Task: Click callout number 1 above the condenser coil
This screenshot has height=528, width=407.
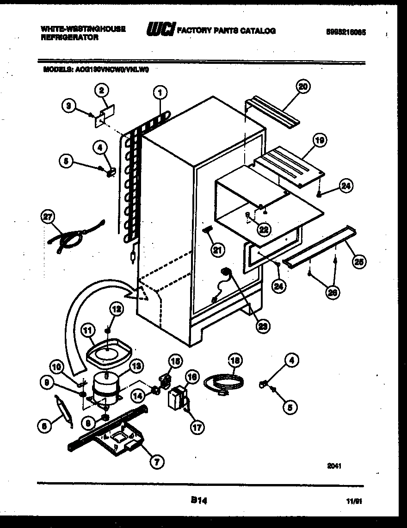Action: point(160,93)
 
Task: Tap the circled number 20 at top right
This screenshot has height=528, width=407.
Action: point(303,87)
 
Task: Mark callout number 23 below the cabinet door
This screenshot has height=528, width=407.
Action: point(263,326)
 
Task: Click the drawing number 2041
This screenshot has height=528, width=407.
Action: point(334,466)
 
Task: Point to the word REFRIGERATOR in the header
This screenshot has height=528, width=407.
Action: point(69,38)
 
